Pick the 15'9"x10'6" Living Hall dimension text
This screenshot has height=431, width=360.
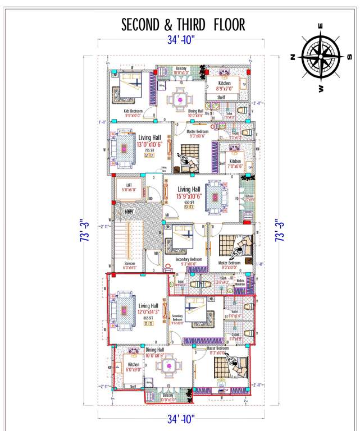(189, 196)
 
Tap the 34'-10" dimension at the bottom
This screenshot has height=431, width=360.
(180, 419)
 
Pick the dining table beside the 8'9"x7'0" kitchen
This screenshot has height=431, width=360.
(181, 99)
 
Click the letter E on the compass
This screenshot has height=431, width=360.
(320, 25)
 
